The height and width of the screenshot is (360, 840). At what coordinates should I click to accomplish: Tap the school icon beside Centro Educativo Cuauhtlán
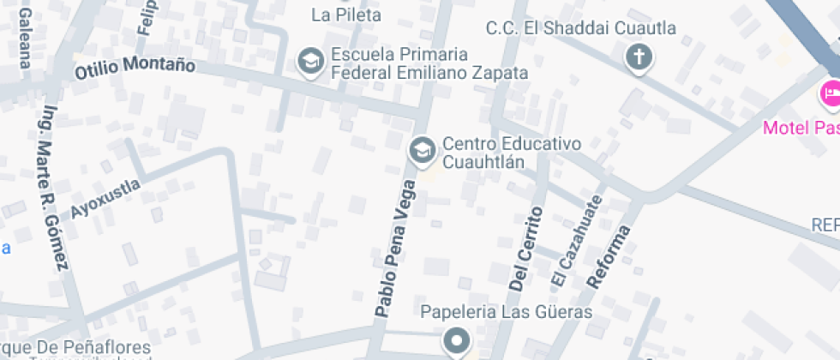[421, 151]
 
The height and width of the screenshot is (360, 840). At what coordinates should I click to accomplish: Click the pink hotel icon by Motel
[830, 93]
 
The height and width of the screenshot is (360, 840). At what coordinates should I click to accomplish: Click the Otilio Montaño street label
[135, 65]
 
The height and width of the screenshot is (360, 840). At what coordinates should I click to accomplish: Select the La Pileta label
[345, 15]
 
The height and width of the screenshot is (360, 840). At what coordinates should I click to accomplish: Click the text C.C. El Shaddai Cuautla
[580, 28]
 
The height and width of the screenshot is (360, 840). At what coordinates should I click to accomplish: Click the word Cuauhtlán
[483, 161]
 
